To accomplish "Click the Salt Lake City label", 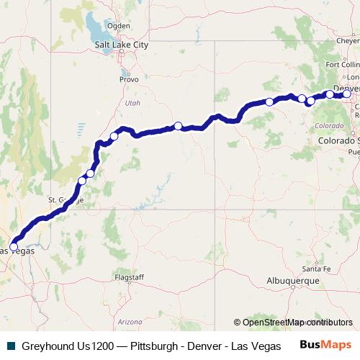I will pos(122,45).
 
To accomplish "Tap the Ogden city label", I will pos(119,26).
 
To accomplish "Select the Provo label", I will pos(129,79).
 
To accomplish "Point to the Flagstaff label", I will pos(130,277).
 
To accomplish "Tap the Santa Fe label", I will pos(316,268).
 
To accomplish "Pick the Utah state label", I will pos(132,103).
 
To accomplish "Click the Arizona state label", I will pos(130,321).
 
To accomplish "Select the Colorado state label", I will pos(329,125).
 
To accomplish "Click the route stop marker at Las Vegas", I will pos(14,247).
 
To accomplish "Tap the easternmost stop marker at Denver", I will pos(346,94).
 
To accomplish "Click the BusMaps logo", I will pos(325,345).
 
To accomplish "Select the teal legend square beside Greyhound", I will pos(11,346).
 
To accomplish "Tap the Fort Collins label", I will pos(343,64).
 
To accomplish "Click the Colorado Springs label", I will pos(338,141).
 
